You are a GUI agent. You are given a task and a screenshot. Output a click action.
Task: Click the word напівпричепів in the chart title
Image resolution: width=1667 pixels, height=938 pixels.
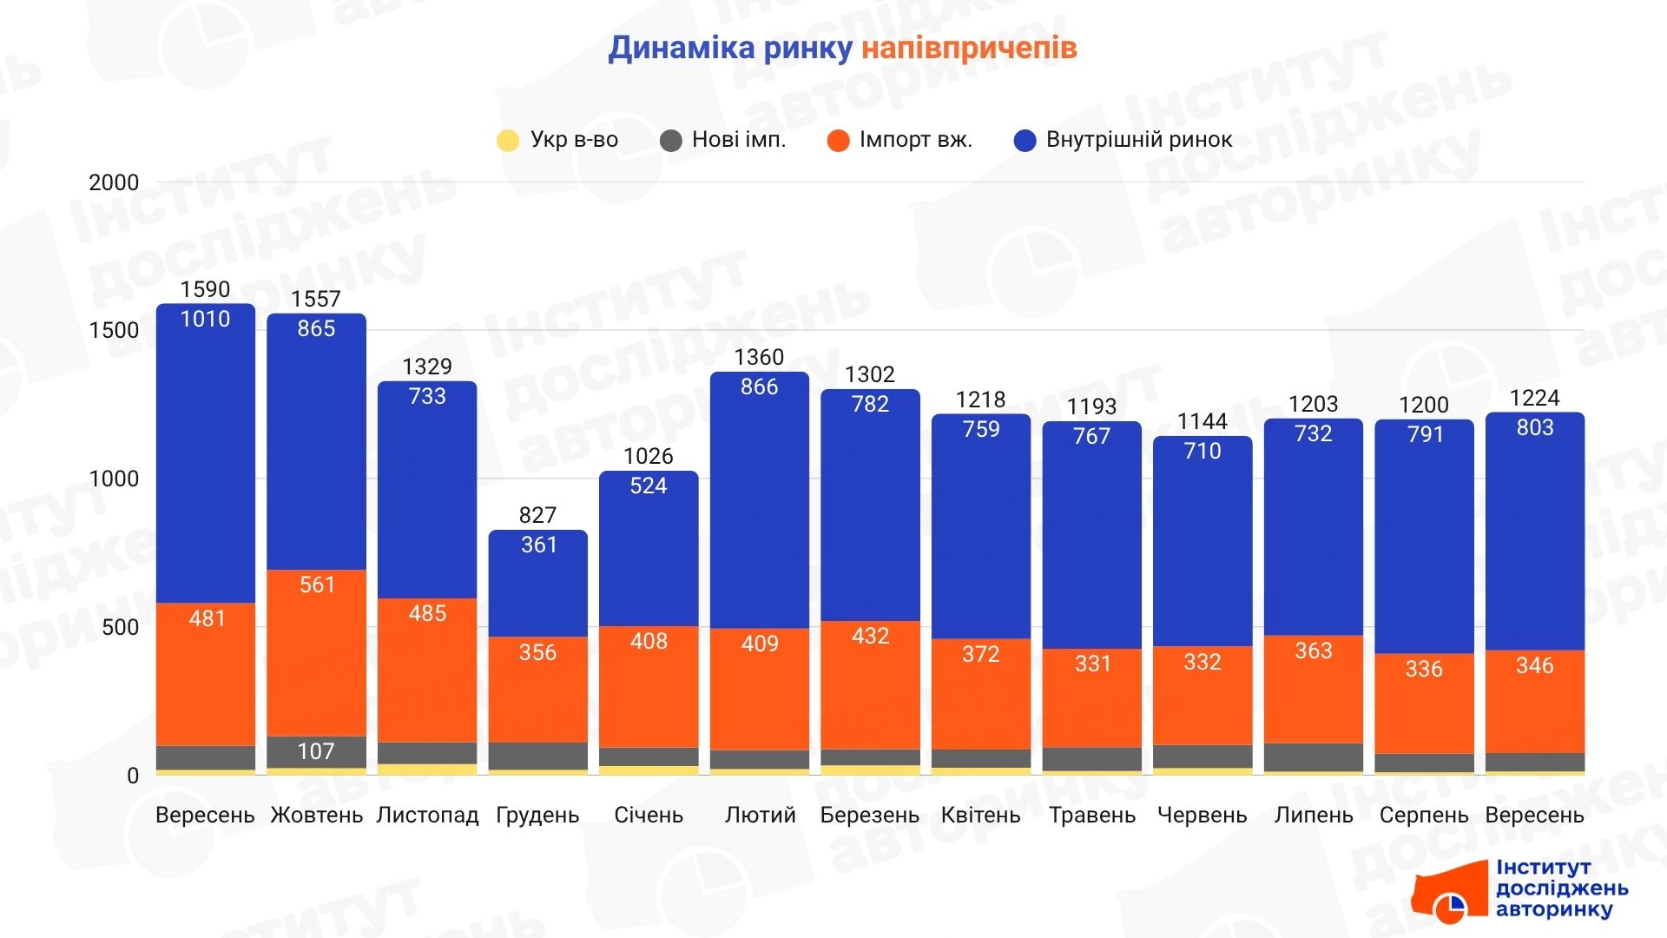click(968, 48)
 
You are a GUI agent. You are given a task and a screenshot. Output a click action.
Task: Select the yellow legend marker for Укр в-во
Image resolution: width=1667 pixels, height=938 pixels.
click(507, 141)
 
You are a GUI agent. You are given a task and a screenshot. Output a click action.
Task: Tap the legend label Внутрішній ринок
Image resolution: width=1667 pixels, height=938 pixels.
click(1138, 140)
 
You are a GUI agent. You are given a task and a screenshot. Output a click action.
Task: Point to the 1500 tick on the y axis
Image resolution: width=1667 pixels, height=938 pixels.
click(114, 330)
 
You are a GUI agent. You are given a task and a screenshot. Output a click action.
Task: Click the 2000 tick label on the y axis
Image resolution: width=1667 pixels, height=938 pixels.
click(114, 182)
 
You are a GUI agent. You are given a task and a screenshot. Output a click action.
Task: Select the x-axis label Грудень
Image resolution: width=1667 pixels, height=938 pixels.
click(537, 816)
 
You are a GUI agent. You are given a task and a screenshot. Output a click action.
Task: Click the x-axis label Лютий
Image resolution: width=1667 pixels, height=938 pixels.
click(760, 816)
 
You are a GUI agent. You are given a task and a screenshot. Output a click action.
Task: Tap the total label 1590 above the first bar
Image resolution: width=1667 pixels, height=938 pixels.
click(205, 289)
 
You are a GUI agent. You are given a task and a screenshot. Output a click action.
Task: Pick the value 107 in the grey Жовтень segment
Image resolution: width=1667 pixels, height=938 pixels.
click(316, 751)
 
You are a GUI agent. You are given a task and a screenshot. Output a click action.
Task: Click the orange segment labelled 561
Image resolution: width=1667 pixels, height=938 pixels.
click(316, 651)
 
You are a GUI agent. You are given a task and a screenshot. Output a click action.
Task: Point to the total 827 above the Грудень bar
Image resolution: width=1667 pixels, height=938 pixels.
click(537, 515)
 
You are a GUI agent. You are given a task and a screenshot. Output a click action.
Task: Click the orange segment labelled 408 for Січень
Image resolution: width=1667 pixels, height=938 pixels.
click(649, 686)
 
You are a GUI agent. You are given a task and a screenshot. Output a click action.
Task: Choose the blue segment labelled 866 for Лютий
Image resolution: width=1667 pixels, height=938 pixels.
click(760, 504)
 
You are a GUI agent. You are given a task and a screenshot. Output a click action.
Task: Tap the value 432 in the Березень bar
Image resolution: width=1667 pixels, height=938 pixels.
click(870, 636)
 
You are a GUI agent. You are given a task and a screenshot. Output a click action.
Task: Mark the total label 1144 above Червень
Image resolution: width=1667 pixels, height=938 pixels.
click(1202, 422)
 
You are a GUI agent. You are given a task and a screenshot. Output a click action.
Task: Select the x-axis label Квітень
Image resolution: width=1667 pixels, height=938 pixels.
click(981, 816)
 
